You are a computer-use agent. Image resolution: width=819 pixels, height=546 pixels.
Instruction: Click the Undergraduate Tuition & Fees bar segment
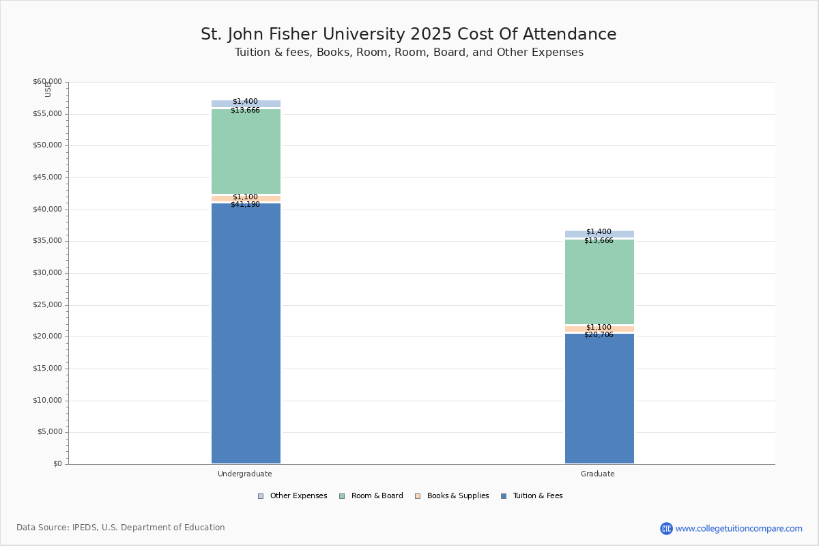coord(246,334)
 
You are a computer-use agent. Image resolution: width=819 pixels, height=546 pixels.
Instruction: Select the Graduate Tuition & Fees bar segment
coord(599,399)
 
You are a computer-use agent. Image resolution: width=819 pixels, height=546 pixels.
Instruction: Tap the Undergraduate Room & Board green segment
coord(246,152)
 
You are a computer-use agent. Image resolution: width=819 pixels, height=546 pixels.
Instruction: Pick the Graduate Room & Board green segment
coord(599,282)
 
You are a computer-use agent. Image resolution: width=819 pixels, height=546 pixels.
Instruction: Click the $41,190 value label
coord(245,205)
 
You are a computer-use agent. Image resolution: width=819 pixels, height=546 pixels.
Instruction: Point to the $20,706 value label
coord(599,335)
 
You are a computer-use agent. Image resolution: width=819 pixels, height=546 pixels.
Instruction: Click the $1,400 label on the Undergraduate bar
coord(245,102)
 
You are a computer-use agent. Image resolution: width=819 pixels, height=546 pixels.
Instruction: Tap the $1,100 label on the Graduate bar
coord(599,328)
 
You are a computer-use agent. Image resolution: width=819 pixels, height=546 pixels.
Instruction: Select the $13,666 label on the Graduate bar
coord(599,241)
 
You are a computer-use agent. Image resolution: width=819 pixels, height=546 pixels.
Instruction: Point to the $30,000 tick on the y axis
coord(47,273)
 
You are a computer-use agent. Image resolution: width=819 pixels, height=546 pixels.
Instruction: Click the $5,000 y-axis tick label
coord(49,432)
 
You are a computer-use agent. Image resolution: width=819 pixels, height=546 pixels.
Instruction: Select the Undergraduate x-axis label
coord(245,474)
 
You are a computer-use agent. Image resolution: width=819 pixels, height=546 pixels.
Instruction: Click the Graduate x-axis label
coord(598,474)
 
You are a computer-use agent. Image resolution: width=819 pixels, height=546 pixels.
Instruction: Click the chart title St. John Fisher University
coord(408,35)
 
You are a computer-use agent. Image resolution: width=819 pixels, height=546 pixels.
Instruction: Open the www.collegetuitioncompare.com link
coord(738,528)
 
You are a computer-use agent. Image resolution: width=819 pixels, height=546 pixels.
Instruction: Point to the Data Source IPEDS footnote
coord(121,528)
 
